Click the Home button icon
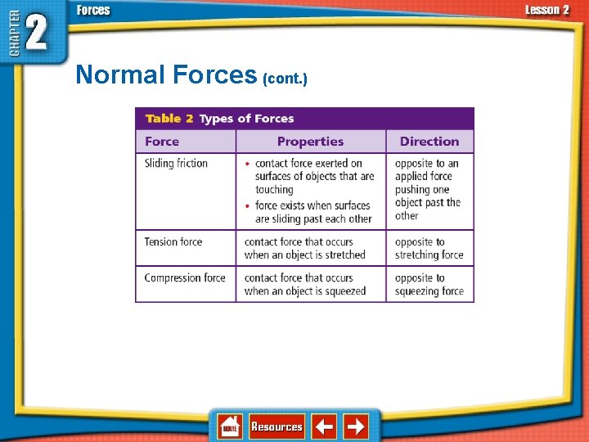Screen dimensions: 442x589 pos(230,426)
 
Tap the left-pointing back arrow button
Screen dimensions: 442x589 pos(324,426)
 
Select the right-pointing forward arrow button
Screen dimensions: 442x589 pos(356,426)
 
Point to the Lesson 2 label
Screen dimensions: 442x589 pos(546,10)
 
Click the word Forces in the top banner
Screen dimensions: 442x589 pos(93,10)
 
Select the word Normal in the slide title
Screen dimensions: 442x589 pos(120,75)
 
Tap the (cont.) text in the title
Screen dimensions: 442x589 pos(285,79)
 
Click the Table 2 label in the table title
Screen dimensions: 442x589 pos(169,119)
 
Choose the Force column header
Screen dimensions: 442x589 pos(162,142)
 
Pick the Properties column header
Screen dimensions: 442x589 pos(310,142)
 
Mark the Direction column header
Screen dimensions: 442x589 pos(429,142)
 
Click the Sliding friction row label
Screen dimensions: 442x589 pos(176,164)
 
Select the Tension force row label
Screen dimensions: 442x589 pos(173,242)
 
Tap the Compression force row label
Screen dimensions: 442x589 pos(185,278)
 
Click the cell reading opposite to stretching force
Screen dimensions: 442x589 pos(429,249)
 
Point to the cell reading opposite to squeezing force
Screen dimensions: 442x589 pos(429,285)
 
